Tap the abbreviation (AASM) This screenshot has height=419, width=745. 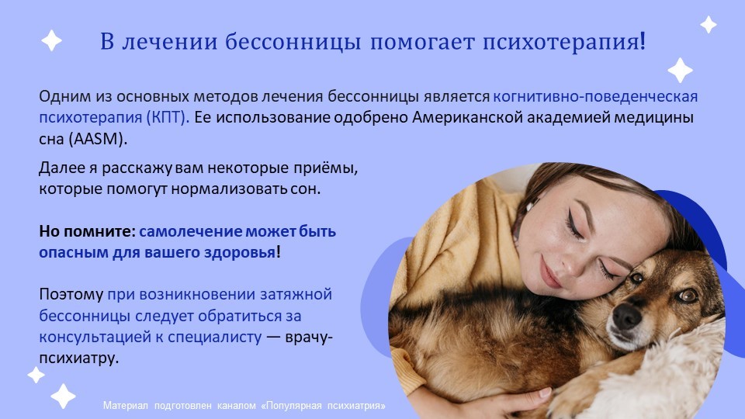(x=98, y=139)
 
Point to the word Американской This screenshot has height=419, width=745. (x=467, y=117)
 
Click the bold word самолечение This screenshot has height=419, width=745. (x=191, y=231)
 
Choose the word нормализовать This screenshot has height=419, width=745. (x=229, y=189)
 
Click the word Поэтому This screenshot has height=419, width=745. (x=71, y=295)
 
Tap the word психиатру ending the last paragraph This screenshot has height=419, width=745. (x=78, y=358)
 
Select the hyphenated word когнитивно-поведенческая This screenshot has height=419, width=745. (x=595, y=96)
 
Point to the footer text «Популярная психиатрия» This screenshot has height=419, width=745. (x=323, y=406)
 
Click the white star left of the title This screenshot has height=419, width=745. (x=51, y=40)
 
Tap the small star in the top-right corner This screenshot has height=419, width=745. (x=709, y=24)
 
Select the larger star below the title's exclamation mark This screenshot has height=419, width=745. (x=680, y=70)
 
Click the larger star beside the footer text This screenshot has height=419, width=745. (x=63, y=396)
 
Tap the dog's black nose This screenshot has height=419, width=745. (x=626, y=316)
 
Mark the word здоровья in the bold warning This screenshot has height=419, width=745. (x=240, y=252)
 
